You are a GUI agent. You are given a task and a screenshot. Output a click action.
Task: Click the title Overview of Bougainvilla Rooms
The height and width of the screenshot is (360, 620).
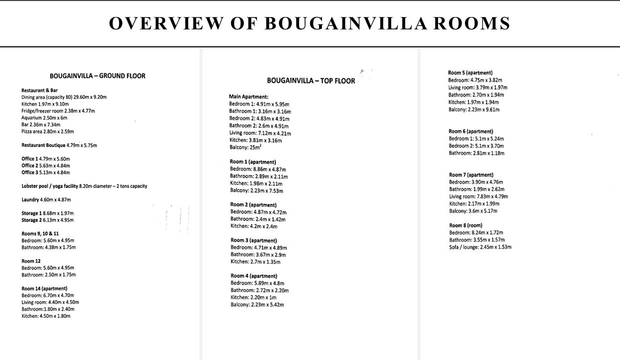(309, 23)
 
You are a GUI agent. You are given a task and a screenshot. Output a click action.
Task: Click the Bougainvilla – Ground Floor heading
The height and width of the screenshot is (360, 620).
(97, 76)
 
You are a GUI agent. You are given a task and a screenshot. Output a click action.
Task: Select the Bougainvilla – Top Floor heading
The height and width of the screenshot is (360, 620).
(311, 80)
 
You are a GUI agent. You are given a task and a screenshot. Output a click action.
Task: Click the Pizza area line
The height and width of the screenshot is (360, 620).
(47, 131)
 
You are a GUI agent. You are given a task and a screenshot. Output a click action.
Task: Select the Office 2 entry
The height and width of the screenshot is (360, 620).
(45, 165)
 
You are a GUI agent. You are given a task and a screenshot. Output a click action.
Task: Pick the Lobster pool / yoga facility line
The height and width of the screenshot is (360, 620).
(84, 186)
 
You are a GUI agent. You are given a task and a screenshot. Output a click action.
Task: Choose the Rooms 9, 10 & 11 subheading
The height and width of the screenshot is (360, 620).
(40, 233)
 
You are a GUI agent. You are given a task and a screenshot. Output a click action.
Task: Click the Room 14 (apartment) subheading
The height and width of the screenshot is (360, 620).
(44, 288)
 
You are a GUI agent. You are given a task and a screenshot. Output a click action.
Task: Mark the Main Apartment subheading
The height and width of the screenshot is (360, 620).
(248, 96)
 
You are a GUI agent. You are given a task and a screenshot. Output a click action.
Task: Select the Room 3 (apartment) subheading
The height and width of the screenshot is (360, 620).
(253, 240)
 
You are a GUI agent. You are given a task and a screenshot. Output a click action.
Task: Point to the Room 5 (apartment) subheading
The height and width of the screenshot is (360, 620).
(470, 72)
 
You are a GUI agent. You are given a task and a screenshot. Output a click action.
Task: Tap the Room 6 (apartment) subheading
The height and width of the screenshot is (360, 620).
(471, 131)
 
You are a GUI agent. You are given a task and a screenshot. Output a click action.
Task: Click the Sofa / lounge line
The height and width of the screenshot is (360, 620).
(480, 247)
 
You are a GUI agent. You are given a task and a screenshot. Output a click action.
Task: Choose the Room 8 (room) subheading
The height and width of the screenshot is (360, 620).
(465, 225)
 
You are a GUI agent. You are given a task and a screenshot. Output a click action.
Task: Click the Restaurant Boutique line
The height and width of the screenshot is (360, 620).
(59, 145)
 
